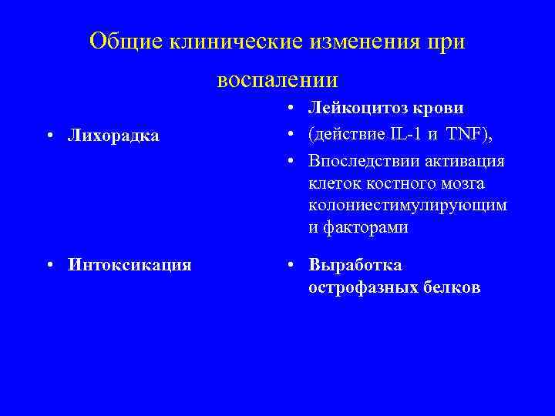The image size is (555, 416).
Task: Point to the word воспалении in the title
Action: (277, 79)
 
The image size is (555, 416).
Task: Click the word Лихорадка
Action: (113, 136)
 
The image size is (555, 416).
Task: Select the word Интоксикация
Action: (129, 265)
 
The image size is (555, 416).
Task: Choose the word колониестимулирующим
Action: (408, 206)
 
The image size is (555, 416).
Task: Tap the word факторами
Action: (365, 228)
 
